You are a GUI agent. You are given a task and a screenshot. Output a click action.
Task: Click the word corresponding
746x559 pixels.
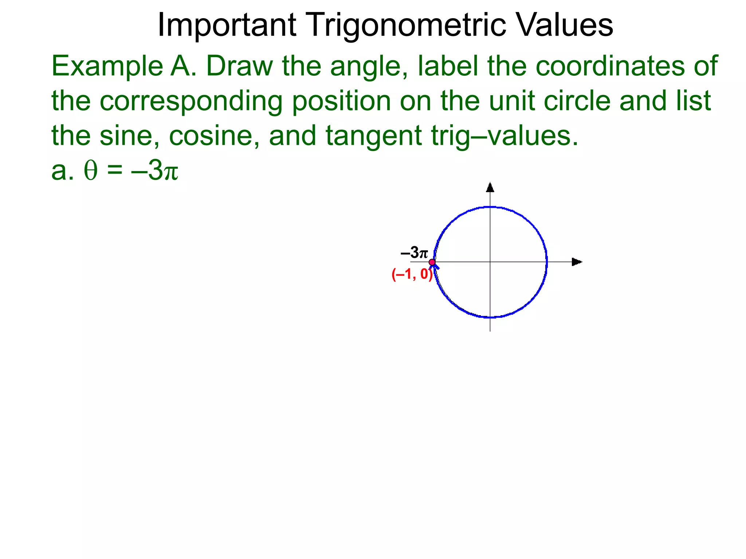click(191, 101)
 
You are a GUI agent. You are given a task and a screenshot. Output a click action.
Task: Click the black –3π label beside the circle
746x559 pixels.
click(414, 252)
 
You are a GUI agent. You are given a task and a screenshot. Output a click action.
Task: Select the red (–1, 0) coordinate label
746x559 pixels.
click(412, 274)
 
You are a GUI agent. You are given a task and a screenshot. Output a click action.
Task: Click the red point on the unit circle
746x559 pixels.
click(432, 262)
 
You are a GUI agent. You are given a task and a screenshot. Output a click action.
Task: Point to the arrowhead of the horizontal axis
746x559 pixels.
click(577, 262)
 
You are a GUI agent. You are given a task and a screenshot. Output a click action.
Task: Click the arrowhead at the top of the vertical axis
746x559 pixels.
click(490, 187)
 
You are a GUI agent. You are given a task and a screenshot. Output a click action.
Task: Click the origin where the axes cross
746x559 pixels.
click(490, 262)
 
